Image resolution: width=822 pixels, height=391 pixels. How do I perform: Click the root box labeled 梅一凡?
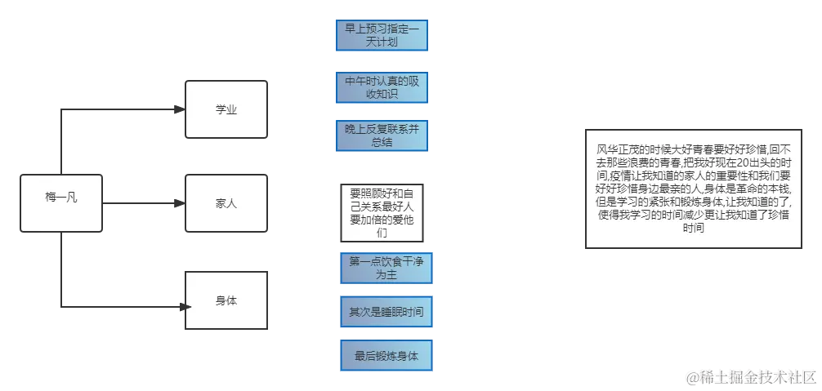62,198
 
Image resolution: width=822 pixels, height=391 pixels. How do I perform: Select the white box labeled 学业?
226,109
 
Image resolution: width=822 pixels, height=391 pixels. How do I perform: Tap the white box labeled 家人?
226,203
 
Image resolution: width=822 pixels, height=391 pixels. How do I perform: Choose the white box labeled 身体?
226,300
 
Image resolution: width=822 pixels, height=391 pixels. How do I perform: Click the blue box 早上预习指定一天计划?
382,35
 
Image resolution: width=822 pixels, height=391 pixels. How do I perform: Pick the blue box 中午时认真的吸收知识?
382,87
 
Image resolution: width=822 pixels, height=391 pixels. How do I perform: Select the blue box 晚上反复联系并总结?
382,136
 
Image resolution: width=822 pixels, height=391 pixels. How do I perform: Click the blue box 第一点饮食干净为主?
387,268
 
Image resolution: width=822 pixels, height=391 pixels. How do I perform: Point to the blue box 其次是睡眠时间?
387,312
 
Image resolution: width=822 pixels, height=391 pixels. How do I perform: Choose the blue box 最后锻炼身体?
387,356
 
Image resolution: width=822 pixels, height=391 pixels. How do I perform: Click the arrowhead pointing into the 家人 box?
177,200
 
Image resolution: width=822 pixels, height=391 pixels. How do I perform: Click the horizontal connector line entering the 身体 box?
123,306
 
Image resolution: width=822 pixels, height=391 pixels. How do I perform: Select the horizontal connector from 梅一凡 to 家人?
139,204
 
